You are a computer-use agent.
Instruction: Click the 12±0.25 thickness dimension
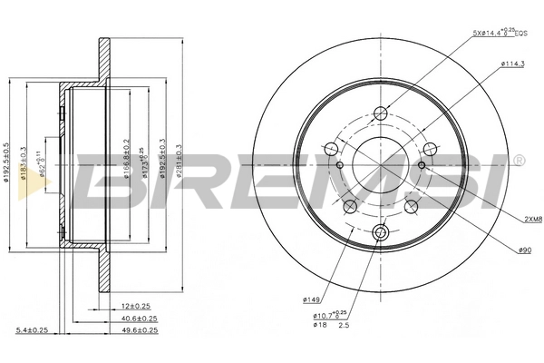pos(137,306)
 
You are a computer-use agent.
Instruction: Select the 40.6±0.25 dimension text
pos(139,319)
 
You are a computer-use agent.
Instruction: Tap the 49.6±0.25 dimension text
pos(139,331)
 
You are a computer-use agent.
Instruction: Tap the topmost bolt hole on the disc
pos(381,113)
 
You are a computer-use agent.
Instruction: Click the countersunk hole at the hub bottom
pos(381,234)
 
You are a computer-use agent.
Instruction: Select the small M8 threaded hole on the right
pos(423,164)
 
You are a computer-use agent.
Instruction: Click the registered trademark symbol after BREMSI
pos(518,161)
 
